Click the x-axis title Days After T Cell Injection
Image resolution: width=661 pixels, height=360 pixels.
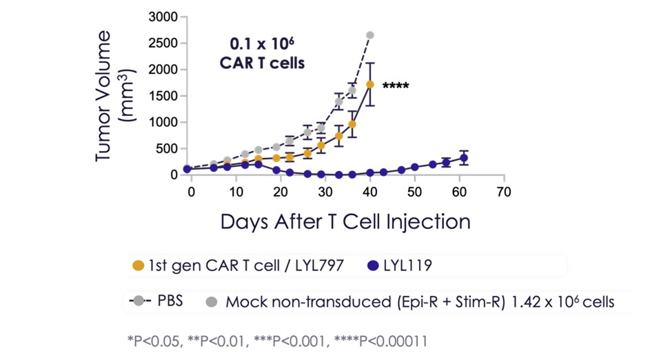(345, 222)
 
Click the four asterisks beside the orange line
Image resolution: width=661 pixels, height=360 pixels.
(396, 87)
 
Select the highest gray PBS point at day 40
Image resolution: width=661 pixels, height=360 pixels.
(370, 34)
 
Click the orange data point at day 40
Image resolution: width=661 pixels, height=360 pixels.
(370, 84)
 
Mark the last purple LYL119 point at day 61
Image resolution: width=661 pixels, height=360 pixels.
(464, 158)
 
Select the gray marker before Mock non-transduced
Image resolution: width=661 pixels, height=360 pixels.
(212, 301)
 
